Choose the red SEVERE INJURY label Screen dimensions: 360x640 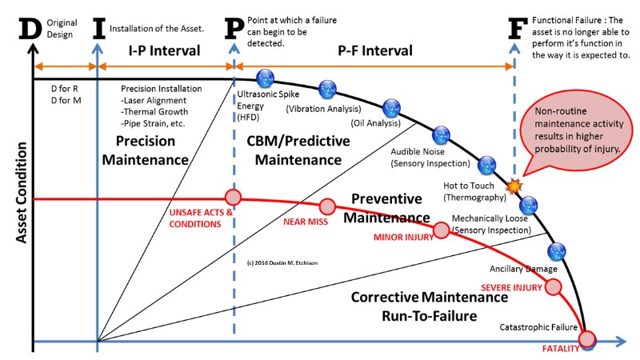coord(510,286)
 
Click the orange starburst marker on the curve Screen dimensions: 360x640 coord(515,185)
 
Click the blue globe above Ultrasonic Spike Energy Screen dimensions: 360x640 coord(265,78)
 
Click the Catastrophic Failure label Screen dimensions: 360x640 coord(538,327)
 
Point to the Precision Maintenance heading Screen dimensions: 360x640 coord(151,150)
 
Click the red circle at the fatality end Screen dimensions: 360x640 coord(588,339)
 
